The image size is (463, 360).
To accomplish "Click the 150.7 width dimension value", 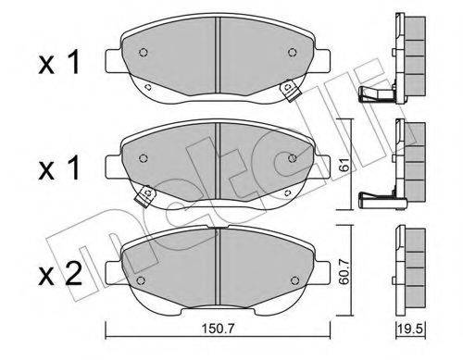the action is (219, 329).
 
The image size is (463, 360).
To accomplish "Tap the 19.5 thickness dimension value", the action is (410, 329).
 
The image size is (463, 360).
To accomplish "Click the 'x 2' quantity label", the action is (60, 274).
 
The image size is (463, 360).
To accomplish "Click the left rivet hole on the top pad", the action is (143, 53).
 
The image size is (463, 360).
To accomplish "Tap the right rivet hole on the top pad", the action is (292, 53).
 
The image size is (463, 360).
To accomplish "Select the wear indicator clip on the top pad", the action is (290, 90).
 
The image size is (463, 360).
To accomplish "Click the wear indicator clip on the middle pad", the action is (145, 195).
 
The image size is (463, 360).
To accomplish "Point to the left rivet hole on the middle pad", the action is (143, 158).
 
